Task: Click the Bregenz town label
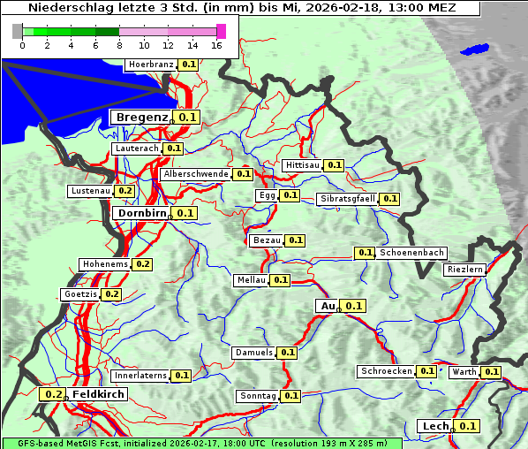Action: (x=141, y=117)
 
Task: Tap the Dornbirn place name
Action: (x=141, y=213)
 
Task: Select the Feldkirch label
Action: (x=98, y=394)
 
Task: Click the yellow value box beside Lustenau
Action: (x=124, y=191)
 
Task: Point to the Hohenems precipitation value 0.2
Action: (x=143, y=264)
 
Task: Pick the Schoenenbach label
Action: (x=412, y=253)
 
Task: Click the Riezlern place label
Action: (x=465, y=269)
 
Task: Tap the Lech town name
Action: (x=436, y=426)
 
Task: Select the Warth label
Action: (x=464, y=372)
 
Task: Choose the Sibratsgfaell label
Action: (x=347, y=199)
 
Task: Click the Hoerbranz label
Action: (x=150, y=65)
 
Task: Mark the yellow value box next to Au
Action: (x=353, y=306)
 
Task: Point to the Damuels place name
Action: (x=254, y=353)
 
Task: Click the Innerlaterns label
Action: (x=140, y=376)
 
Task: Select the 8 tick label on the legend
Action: (x=119, y=45)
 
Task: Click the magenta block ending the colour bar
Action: (x=221, y=31)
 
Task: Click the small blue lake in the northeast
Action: (x=474, y=49)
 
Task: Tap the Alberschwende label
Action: (x=196, y=174)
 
